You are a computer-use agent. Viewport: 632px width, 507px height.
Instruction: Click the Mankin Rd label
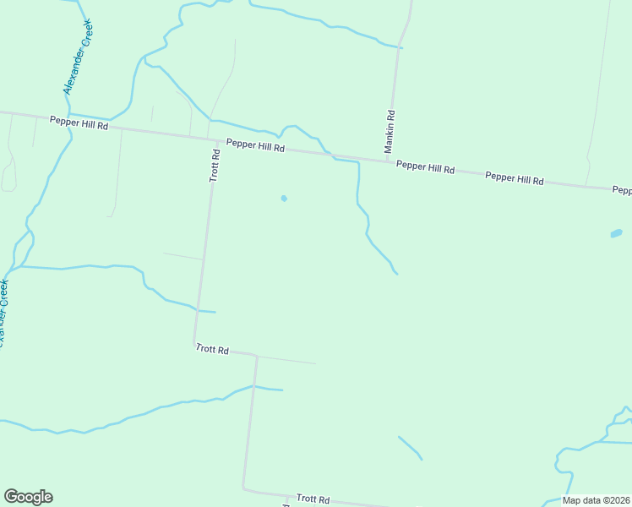(x=390, y=131)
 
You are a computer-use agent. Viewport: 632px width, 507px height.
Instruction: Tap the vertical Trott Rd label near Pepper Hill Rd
(x=215, y=166)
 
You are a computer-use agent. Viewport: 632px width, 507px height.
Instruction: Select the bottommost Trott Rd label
(x=313, y=499)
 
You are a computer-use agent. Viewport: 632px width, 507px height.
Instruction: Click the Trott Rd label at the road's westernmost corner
(x=212, y=349)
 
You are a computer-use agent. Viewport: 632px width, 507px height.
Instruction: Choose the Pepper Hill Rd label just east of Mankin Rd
(x=426, y=167)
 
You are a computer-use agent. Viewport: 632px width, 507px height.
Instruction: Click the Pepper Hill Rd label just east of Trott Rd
(x=255, y=146)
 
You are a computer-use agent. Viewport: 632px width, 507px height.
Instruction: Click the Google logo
(x=28, y=497)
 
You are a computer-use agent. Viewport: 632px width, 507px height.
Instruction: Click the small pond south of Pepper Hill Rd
(x=284, y=199)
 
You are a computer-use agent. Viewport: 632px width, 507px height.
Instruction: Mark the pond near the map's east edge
(x=616, y=233)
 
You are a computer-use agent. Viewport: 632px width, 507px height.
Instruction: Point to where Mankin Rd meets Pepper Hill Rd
(x=388, y=161)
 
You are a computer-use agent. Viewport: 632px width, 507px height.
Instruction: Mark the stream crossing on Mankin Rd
(x=399, y=47)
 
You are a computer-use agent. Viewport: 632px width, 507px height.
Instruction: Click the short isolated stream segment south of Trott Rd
(x=410, y=448)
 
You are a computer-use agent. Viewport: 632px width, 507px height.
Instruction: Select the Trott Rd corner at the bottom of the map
(x=243, y=488)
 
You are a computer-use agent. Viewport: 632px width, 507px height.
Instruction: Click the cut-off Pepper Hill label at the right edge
(x=622, y=191)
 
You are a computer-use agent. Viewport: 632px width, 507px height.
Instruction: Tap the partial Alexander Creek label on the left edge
(x=4, y=313)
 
